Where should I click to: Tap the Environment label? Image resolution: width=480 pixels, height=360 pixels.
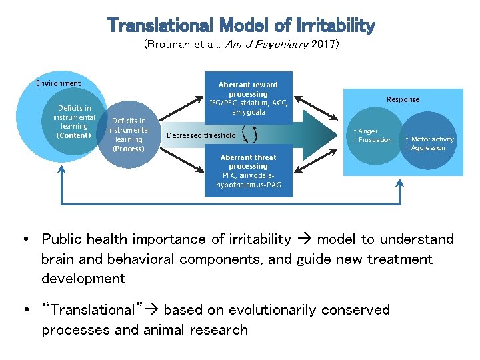[x=58, y=83]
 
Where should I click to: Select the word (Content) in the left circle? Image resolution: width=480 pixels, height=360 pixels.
[x=74, y=135]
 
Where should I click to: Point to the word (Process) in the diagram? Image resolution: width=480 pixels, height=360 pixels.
[x=129, y=149]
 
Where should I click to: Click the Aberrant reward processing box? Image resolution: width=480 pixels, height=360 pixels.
[x=248, y=98]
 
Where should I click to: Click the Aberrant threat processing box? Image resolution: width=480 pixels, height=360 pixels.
[x=248, y=171]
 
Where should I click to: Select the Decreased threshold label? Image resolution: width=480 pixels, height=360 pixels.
[x=201, y=135]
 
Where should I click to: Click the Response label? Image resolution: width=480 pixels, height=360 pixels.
[x=403, y=99]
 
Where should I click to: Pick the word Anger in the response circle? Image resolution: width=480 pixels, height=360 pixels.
[x=367, y=131]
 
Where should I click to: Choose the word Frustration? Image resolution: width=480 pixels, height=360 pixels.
[x=375, y=140]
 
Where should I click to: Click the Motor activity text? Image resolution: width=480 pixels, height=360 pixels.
[x=432, y=139]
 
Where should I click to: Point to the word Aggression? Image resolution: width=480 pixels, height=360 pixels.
[x=428, y=148]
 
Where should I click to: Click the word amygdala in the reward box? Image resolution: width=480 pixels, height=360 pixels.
[x=248, y=112]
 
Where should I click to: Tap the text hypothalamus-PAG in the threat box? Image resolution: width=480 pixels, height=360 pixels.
[x=248, y=184]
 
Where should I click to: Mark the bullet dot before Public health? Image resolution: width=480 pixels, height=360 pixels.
[x=24, y=239]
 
